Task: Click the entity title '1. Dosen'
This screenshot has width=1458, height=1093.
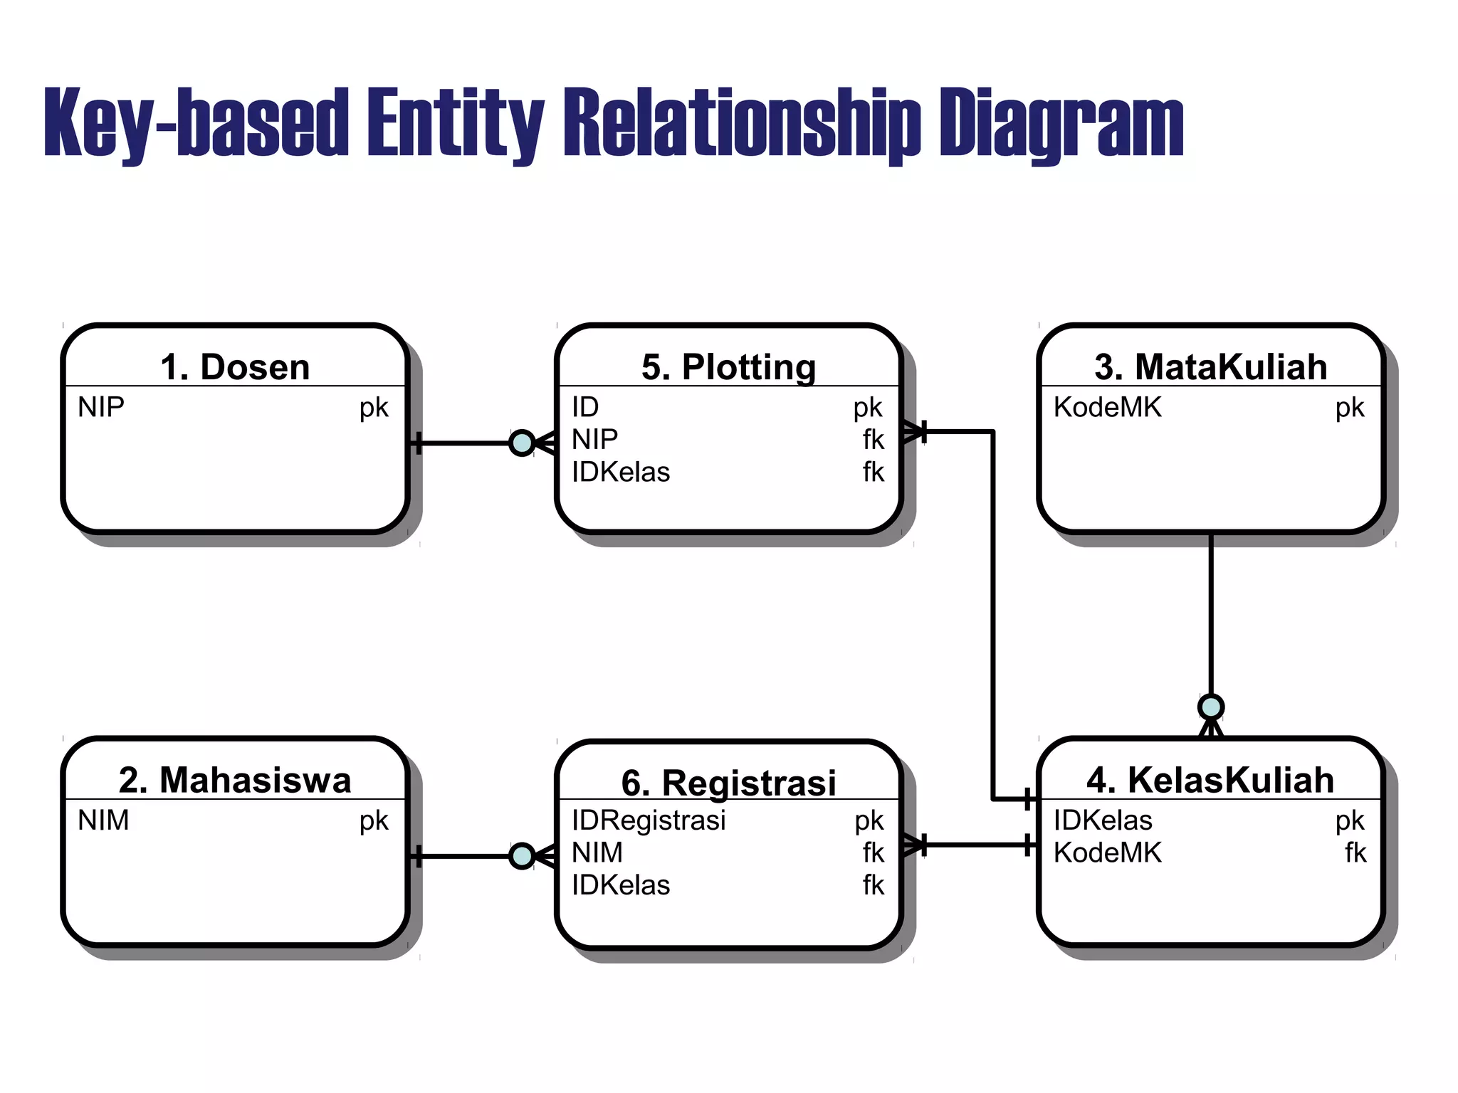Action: [x=235, y=367]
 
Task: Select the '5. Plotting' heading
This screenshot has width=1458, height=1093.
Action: [x=728, y=367]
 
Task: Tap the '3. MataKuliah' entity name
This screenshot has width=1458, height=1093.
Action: [x=1210, y=367]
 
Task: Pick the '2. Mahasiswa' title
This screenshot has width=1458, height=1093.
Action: [x=235, y=780]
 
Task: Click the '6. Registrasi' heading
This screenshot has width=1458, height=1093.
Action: [x=728, y=783]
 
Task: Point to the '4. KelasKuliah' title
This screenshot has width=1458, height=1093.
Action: [x=1210, y=780]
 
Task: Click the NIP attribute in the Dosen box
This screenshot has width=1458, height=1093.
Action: [x=101, y=408]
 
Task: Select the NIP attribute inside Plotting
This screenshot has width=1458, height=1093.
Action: [x=594, y=440]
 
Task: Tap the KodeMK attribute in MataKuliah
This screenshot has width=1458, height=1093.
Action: [x=1107, y=408]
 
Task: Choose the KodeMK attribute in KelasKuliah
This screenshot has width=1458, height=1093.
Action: [x=1107, y=852]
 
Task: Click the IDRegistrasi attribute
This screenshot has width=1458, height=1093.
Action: [x=649, y=820]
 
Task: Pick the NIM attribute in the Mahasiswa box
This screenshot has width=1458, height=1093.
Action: [x=103, y=820]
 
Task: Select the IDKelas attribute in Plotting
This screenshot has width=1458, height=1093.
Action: [x=621, y=472]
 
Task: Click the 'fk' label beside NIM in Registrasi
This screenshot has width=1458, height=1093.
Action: [x=873, y=852]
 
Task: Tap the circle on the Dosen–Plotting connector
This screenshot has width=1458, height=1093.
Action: [x=522, y=443]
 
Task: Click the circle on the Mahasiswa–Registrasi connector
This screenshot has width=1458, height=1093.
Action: [x=522, y=856]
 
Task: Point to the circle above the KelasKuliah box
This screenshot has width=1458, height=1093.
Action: [x=1210, y=707]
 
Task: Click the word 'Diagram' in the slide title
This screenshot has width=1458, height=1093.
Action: [x=1061, y=122]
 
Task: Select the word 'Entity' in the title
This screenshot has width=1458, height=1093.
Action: [x=456, y=122]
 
